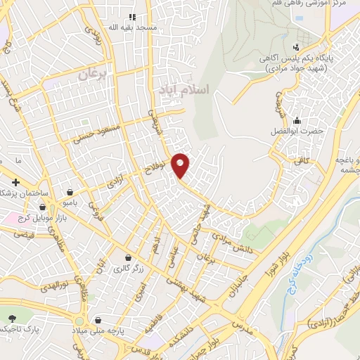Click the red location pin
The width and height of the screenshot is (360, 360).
pyautogui.click(x=181, y=165)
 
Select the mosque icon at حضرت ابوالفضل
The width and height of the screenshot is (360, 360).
pyautogui.click(x=299, y=120)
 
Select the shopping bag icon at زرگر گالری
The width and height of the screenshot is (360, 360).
pyautogui.click(x=127, y=257)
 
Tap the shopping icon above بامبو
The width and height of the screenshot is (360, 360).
pyautogui.click(x=70, y=191)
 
